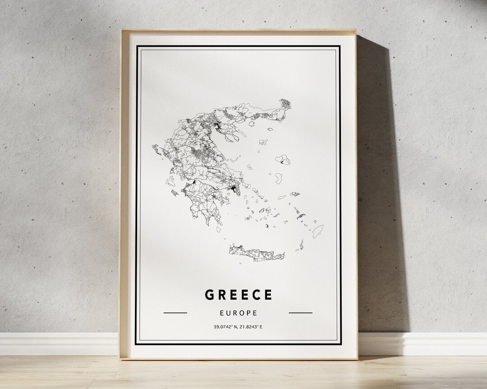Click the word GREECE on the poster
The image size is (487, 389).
(x=239, y=295)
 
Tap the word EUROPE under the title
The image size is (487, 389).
(x=239, y=312)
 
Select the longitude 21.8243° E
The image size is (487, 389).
(x=252, y=326)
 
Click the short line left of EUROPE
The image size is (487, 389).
(x=175, y=312)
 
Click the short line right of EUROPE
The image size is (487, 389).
(x=300, y=312)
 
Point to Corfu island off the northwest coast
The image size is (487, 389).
(x=156, y=149)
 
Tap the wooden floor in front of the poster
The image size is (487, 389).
(x=243, y=374)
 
